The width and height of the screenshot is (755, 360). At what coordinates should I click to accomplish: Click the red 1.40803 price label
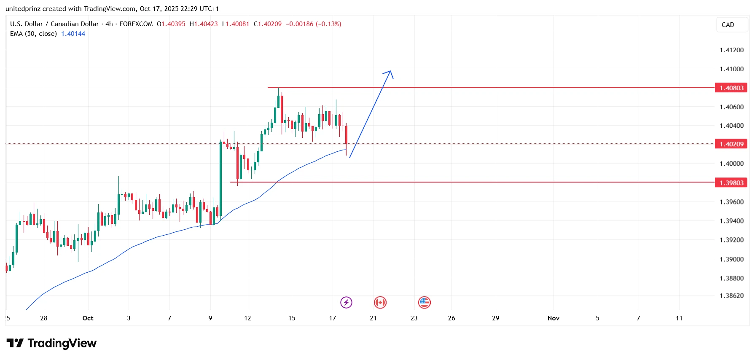coord(731,88)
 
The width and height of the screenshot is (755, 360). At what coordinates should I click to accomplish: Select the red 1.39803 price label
coord(731,183)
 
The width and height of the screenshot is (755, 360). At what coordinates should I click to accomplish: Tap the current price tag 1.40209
coord(731,144)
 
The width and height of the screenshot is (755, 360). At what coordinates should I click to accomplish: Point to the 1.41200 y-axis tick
coord(731,50)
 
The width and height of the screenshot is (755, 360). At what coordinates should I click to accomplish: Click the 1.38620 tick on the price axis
coord(731,296)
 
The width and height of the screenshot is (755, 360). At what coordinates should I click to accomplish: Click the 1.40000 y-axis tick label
coord(731,164)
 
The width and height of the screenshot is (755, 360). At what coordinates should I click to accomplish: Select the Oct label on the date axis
coord(88,318)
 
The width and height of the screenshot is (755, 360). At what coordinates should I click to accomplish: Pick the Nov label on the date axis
coord(553,318)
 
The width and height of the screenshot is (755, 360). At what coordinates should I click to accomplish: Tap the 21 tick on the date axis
coord(373,318)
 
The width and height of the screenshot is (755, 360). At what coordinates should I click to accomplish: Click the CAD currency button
coord(728,25)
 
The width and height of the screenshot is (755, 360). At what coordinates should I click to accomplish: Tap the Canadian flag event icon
coord(380,302)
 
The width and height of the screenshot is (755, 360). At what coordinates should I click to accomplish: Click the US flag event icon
coord(424,302)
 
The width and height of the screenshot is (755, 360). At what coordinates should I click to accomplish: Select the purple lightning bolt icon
coord(346,302)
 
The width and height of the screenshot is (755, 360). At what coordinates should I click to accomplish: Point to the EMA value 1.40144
coord(73,34)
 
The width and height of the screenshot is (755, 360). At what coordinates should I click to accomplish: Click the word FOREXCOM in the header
coord(136,24)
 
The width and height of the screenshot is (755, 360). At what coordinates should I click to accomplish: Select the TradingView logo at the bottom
coord(51,344)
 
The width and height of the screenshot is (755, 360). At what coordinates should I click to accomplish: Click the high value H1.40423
coord(204,24)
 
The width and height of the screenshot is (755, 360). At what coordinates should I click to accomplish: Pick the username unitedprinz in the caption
coord(23,9)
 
